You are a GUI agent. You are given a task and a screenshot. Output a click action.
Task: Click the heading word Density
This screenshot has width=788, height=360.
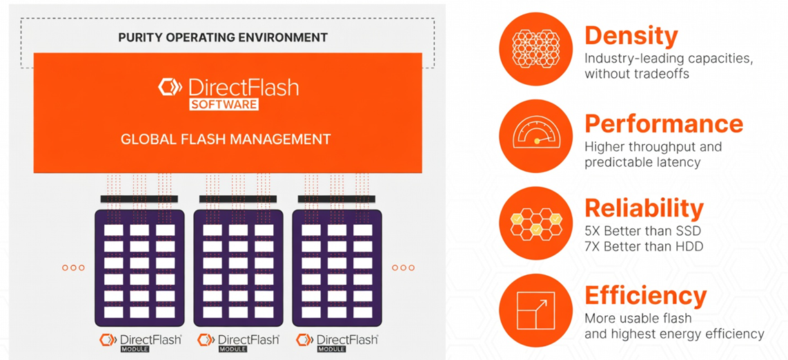(x=631, y=36)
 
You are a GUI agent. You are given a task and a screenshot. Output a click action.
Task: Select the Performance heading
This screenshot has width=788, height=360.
(x=663, y=123)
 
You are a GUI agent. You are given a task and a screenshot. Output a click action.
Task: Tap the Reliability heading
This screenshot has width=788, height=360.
(x=644, y=208)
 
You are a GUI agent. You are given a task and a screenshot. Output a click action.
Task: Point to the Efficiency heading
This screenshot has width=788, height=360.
(x=645, y=296)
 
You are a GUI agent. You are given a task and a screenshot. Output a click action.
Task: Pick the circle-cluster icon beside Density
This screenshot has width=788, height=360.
(x=535, y=49)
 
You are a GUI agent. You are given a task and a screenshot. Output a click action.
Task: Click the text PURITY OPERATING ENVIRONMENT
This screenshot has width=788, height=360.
(x=222, y=37)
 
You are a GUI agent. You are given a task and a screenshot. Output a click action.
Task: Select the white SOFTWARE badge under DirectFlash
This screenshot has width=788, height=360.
(x=224, y=105)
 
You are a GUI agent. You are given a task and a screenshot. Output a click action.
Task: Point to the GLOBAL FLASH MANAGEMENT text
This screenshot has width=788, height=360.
(x=226, y=139)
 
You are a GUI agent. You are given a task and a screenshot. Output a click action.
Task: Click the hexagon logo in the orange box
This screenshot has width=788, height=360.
(x=170, y=88)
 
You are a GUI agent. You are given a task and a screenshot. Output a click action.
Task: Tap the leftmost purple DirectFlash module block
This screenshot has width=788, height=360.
(x=139, y=268)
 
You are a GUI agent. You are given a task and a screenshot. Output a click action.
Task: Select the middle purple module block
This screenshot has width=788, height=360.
(x=238, y=268)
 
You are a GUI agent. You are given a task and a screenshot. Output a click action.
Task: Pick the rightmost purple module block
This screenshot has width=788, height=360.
(x=337, y=268)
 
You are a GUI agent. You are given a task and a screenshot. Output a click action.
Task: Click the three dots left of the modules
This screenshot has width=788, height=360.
(x=73, y=268)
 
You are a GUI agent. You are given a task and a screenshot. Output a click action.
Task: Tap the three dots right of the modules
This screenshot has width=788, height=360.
(x=403, y=268)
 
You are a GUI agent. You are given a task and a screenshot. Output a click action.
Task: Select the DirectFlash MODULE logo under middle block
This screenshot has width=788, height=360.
(x=238, y=342)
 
